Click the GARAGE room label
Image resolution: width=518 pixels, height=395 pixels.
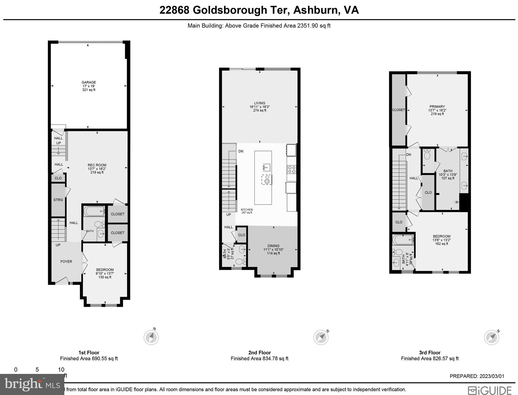[x=89, y=83]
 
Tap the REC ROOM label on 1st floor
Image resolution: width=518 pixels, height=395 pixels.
[x=97, y=165]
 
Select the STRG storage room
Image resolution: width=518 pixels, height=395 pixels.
[x=58, y=200]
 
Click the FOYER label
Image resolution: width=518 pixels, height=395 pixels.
[x=66, y=262]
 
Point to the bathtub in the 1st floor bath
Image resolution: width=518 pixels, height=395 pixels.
[x=94, y=211]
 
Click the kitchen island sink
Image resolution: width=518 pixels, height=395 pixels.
[x=267, y=167]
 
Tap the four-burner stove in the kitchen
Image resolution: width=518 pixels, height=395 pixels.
[x=292, y=169]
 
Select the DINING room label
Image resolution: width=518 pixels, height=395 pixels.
[x=273, y=246]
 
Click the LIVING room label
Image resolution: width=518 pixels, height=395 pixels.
[x=260, y=103]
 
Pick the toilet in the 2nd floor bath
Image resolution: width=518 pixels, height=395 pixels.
[x=240, y=262]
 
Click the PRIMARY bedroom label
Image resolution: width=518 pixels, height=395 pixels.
[x=437, y=107]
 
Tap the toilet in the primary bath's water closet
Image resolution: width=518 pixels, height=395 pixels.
[x=427, y=155]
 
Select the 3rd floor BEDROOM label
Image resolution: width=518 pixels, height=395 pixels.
[x=442, y=236]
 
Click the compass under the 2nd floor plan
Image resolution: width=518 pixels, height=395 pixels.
[x=321, y=337]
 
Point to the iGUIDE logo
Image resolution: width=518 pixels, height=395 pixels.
[x=490, y=390]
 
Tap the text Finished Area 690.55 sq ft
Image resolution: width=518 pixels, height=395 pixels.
[x=89, y=358]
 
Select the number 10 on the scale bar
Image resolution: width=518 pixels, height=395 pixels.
[x=61, y=370]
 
